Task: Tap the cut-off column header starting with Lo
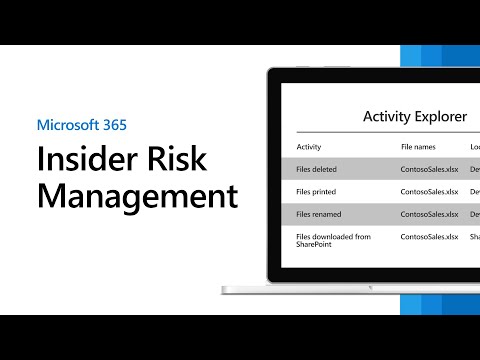[x=474, y=147]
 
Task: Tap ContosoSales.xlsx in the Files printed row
[x=428, y=190]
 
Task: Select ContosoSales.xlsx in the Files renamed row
[x=428, y=214]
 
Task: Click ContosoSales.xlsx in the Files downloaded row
[x=428, y=236]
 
